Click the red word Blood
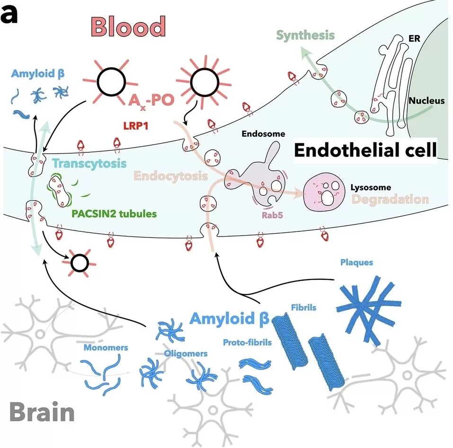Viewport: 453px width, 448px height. tap(129, 26)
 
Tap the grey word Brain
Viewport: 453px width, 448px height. tap(42, 413)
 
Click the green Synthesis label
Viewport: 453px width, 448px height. tap(305, 35)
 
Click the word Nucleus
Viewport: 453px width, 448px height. tap(426, 100)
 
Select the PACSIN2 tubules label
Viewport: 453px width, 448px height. tap(114, 213)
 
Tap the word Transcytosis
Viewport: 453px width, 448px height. tap(89, 164)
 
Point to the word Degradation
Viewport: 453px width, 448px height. tap(390, 199)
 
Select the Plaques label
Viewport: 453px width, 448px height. tap(356, 262)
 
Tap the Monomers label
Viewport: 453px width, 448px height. tap(106, 348)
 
